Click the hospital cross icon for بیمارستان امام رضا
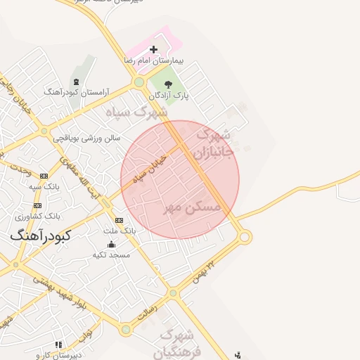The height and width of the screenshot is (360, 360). [x=154, y=49]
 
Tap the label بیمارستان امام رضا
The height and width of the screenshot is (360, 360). [x=154, y=61]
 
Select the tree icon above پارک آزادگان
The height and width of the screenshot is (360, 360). [x=167, y=84]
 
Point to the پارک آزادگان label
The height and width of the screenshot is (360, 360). [x=169, y=95]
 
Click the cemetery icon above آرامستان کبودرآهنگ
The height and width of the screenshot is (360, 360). [x=76, y=82]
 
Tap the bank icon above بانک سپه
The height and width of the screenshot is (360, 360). [x=45, y=176]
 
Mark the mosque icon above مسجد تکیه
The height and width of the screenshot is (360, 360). [x=112, y=244]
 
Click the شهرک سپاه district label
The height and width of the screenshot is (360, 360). [x=137, y=112]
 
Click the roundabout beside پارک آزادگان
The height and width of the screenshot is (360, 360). [x=139, y=83]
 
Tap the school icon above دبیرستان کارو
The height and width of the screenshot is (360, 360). [x=58, y=345]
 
